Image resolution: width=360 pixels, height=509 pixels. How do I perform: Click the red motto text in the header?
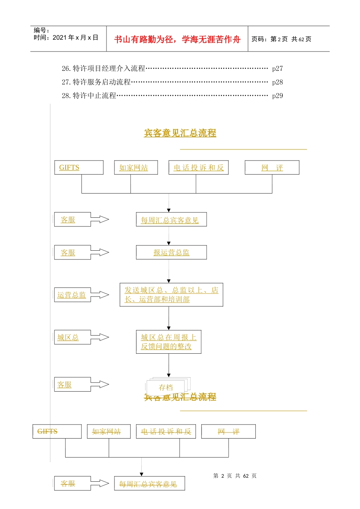click(x=177, y=39)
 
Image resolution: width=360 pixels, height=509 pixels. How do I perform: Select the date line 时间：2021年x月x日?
click(x=66, y=37)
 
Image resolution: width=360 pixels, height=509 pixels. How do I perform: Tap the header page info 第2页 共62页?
click(x=281, y=39)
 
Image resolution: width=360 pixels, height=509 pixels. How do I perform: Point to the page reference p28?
click(x=277, y=82)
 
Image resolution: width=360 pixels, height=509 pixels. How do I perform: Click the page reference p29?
click(x=277, y=96)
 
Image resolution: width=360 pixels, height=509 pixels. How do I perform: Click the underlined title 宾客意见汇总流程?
click(x=180, y=133)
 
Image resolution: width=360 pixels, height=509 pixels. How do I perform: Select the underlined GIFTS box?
click(x=79, y=167)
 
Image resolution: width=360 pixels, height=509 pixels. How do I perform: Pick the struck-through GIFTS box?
click(x=57, y=431)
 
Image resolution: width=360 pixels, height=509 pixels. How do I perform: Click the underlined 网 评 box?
click(x=272, y=167)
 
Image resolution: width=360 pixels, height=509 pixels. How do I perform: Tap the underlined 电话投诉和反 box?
click(x=199, y=167)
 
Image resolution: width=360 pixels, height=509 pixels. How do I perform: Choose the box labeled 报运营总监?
click(x=171, y=253)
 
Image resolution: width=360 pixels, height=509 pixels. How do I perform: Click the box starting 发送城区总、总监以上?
click(x=171, y=295)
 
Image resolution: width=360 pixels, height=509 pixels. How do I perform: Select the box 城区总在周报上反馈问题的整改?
click(x=169, y=342)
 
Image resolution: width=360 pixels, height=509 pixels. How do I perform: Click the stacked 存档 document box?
click(x=166, y=387)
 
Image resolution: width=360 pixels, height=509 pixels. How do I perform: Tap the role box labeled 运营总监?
click(x=72, y=295)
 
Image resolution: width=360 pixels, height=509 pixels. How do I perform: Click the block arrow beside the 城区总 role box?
click(x=100, y=337)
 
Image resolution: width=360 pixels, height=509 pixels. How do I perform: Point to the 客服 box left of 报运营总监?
click(x=72, y=253)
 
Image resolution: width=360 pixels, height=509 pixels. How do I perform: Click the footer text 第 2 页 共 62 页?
click(x=235, y=476)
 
